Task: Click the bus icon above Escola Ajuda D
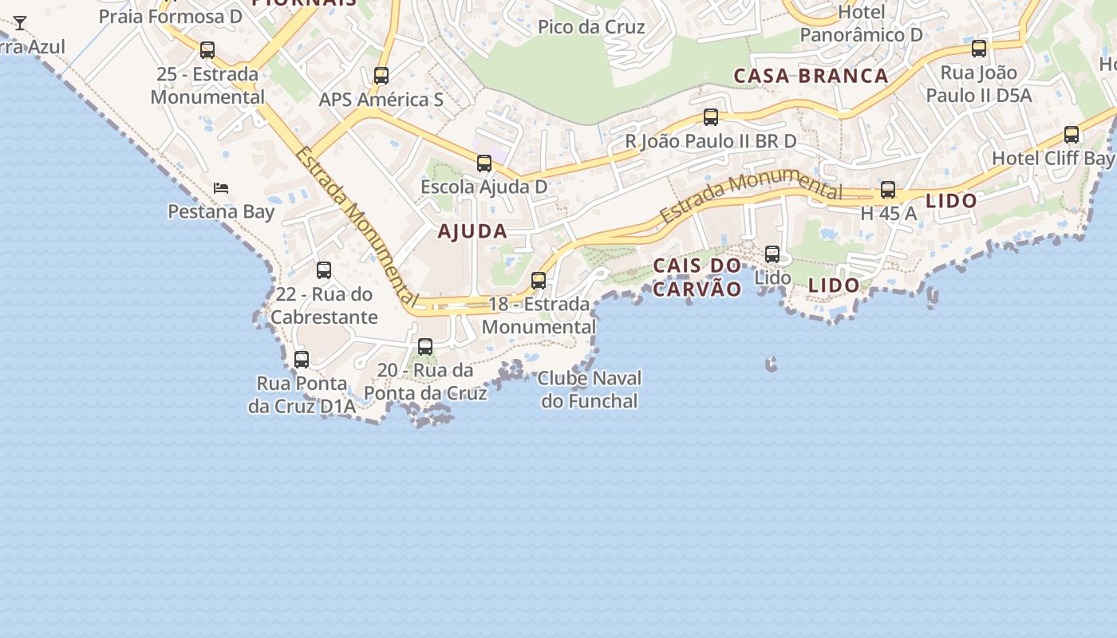click(x=484, y=163)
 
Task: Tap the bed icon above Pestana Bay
click(x=221, y=188)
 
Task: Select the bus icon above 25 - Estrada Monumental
click(x=207, y=50)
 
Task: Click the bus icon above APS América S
click(x=381, y=76)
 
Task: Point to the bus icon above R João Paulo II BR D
click(x=711, y=117)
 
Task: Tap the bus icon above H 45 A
click(x=888, y=190)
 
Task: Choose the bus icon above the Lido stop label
click(x=772, y=254)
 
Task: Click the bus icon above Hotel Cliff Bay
click(x=1072, y=135)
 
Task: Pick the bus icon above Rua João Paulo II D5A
click(x=979, y=49)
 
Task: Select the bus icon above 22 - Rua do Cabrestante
click(x=324, y=270)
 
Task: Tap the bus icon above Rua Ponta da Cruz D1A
click(x=302, y=360)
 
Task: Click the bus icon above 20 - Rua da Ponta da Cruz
click(x=425, y=347)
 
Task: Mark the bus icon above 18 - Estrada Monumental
click(x=539, y=281)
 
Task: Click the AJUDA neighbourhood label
click(x=472, y=232)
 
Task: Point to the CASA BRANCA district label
click(x=811, y=76)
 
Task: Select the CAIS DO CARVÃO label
click(x=697, y=277)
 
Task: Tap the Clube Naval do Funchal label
click(x=590, y=389)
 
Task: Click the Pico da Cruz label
click(x=591, y=27)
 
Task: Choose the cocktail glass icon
click(x=20, y=23)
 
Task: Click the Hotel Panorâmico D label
click(x=862, y=24)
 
